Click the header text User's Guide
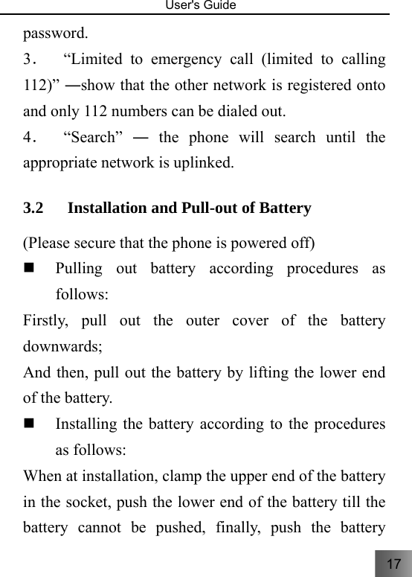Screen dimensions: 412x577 click(x=206, y=6)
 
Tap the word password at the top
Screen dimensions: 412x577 click(x=55, y=34)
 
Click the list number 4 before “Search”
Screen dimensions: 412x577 click(x=28, y=138)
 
